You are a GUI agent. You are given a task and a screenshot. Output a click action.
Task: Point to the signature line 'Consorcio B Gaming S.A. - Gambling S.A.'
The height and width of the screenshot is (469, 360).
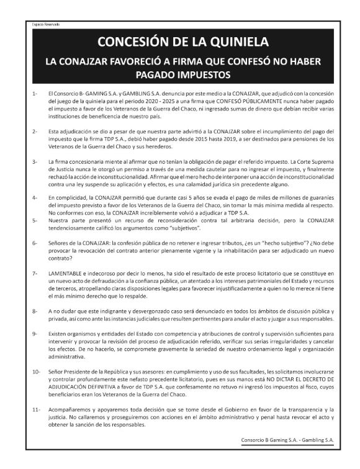287,440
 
